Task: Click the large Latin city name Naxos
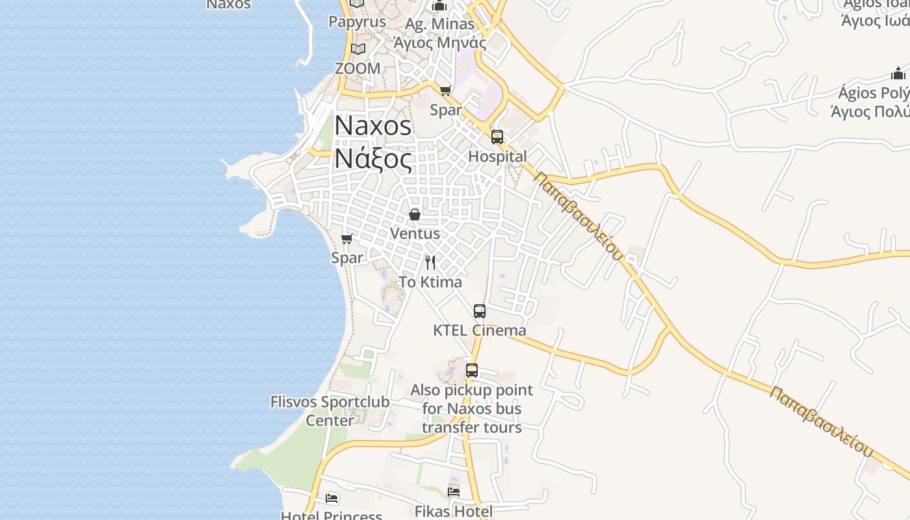coord(373,126)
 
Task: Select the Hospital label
coord(497,157)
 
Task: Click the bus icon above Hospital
coord(497,137)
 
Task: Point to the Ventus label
coord(415,233)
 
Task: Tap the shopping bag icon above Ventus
coord(415,214)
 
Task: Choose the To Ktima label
coord(430,282)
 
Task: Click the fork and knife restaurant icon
coord(430,263)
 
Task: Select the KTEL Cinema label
coord(480,330)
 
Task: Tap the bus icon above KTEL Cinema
coord(480,311)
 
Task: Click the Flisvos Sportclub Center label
coord(330,411)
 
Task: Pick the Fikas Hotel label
coord(454,512)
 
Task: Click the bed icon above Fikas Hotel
coord(454,492)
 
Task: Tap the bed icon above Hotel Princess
coord(331,499)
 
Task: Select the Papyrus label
coord(357,21)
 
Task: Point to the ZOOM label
coord(357,68)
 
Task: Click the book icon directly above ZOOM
coord(357,49)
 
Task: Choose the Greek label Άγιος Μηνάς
coord(439,43)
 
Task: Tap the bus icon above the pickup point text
coord(472,371)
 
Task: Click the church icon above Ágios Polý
coord(898,73)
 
